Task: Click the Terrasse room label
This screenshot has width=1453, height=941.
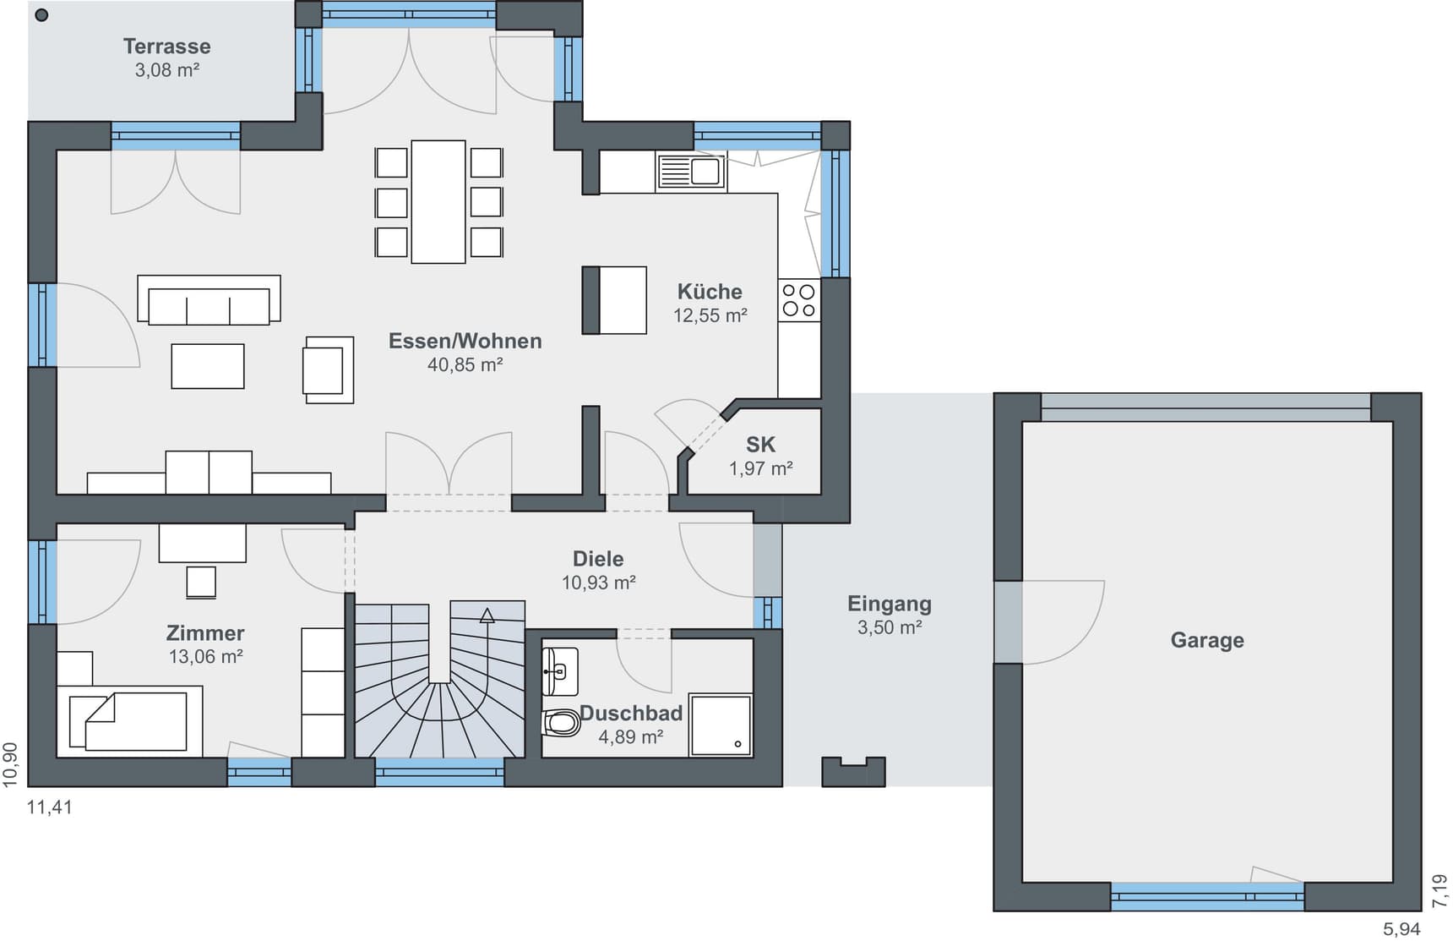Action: click(167, 47)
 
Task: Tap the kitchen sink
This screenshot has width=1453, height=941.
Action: click(691, 172)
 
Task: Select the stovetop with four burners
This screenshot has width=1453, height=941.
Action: click(799, 300)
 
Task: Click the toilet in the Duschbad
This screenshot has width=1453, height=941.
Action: click(561, 723)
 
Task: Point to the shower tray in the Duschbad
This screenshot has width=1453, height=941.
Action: click(721, 725)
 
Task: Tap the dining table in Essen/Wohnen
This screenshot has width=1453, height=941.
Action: click(438, 202)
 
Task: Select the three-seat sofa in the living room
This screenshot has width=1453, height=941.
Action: click(209, 300)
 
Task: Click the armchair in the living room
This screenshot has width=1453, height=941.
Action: click(329, 370)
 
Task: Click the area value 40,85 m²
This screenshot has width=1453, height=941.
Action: click(465, 365)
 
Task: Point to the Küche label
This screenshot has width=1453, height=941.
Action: click(710, 292)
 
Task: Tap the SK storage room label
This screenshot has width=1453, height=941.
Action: click(760, 445)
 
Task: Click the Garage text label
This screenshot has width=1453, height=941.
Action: click(1207, 641)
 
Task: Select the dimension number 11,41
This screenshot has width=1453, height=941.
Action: click(50, 807)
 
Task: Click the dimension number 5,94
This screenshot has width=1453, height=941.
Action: click(1401, 929)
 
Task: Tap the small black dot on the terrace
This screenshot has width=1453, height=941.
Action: click(42, 15)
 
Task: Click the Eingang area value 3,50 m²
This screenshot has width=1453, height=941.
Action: click(890, 627)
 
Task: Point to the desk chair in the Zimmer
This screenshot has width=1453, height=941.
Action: click(201, 583)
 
